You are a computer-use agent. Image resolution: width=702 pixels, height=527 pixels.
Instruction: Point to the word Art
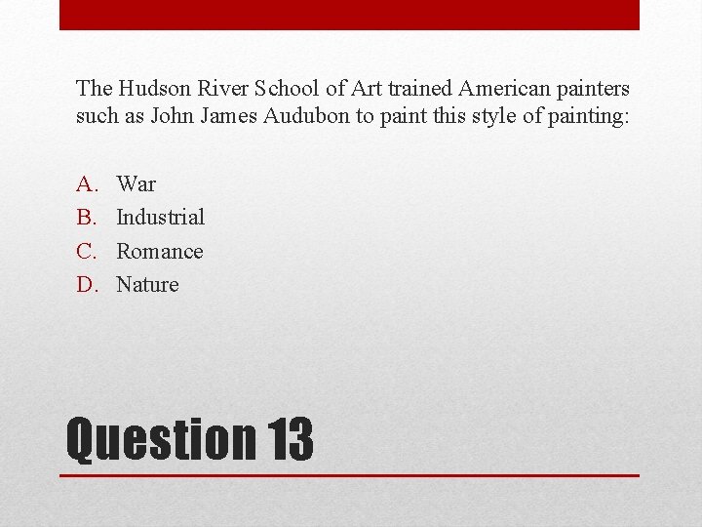(368, 88)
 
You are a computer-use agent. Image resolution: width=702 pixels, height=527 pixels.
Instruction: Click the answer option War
(136, 184)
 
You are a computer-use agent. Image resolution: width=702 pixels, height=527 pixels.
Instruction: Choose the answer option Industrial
(160, 218)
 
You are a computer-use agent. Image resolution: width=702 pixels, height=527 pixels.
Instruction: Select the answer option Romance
(160, 251)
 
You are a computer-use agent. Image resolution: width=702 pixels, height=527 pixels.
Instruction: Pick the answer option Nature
(147, 284)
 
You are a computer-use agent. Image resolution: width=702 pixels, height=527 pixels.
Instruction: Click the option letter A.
(87, 184)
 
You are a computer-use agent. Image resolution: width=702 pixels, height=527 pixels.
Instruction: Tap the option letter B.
(87, 218)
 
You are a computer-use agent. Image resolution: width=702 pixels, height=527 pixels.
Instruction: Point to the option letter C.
(87, 251)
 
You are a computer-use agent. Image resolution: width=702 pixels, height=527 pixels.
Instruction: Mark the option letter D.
(87, 284)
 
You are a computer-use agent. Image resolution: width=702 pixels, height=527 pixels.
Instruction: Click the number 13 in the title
(288, 440)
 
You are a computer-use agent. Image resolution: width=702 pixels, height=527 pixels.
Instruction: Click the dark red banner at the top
(349, 15)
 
